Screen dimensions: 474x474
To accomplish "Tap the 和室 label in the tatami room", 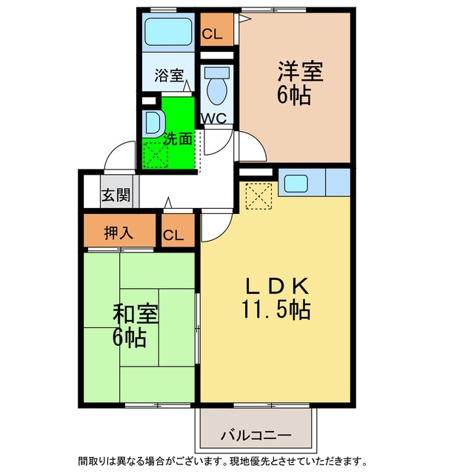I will pos(134,314).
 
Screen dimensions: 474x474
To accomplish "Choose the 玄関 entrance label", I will pos(116,196).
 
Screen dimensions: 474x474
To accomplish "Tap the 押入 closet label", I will pos(118,233).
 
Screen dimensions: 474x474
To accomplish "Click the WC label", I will pos(216,118).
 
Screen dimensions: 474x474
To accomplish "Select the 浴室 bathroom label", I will pos(169,75).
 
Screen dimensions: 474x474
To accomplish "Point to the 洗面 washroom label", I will pos(178,138).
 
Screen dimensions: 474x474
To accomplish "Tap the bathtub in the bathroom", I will pos(167,33).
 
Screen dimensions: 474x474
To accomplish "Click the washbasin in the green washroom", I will pos(154,122).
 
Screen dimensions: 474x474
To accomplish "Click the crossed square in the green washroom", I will pos(156,154).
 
